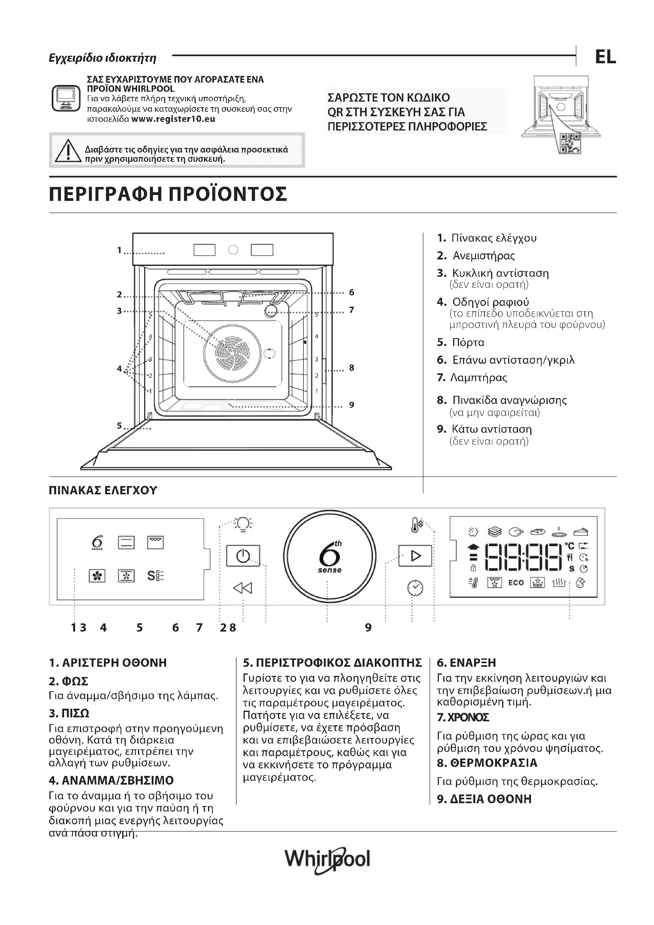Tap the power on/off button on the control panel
(x=243, y=556)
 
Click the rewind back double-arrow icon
(x=242, y=588)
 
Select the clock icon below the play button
(x=415, y=588)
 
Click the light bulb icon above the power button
(x=243, y=524)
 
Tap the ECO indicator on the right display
(x=516, y=583)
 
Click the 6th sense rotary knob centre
(x=329, y=557)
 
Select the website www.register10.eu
(x=173, y=119)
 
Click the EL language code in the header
(x=605, y=57)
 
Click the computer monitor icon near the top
(x=66, y=98)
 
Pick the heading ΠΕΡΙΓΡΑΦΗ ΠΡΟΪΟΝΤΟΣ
(x=168, y=194)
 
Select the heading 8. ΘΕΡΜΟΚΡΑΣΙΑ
(x=487, y=762)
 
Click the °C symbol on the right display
(x=569, y=546)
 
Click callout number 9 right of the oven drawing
(x=352, y=405)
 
